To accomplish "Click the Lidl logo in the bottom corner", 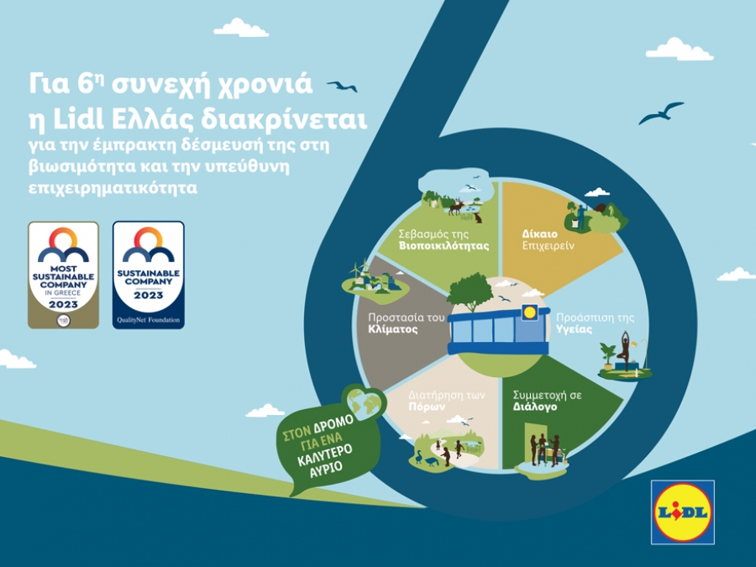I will click(x=682, y=512).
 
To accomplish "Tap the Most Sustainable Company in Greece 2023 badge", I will click(x=63, y=275).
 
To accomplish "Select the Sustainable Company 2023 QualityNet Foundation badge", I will click(x=148, y=275).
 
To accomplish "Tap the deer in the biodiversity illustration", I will click(x=455, y=205).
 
